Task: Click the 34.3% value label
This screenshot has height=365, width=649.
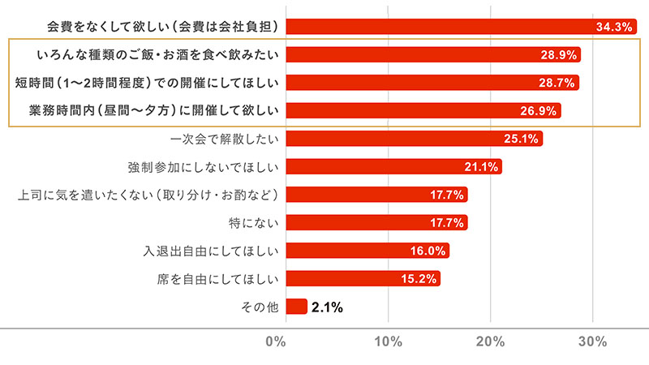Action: pyautogui.click(x=613, y=27)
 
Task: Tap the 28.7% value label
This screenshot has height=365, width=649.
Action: pyautogui.click(x=557, y=83)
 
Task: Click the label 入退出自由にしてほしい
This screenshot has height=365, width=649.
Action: pyautogui.click(x=212, y=251)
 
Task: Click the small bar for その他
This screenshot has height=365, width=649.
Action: pyautogui.click(x=296, y=307)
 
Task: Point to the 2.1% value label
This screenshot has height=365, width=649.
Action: pyautogui.click(x=327, y=307)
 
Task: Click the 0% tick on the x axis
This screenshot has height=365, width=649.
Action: pyautogui.click(x=276, y=341)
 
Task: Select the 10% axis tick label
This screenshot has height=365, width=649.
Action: pyautogui.click(x=388, y=341)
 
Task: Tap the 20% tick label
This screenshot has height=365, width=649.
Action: pyautogui.click(x=491, y=341)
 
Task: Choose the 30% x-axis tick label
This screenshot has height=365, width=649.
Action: pyautogui.click(x=593, y=341)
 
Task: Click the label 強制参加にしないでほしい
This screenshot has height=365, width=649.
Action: pyautogui.click(x=204, y=167)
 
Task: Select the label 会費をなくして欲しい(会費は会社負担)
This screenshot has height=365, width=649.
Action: pyautogui.click(x=163, y=27)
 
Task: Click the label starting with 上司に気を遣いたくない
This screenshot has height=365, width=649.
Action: pyautogui.click(x=148, y=195)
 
